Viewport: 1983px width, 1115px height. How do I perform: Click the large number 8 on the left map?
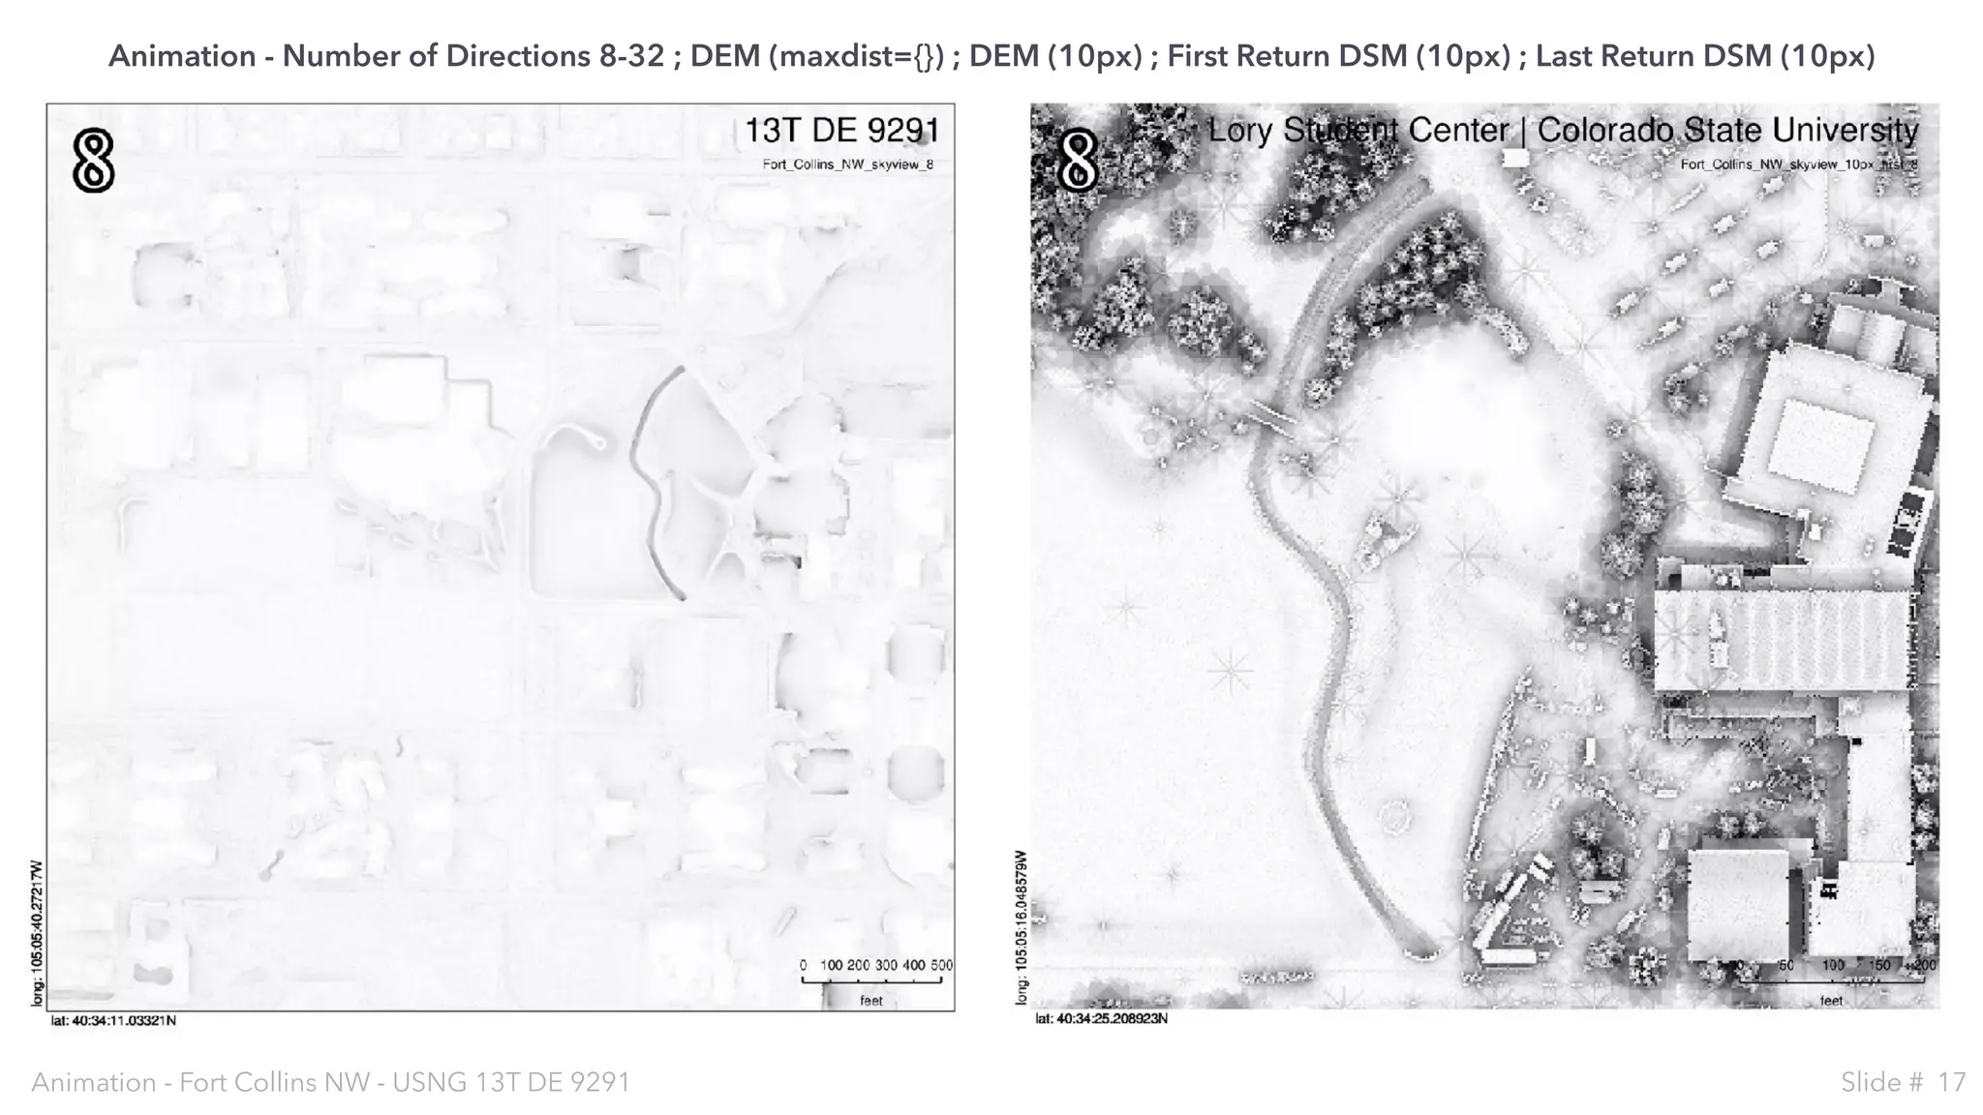click(x=94, y=161)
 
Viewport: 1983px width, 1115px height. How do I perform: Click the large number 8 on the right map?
click(x=1078, y=161)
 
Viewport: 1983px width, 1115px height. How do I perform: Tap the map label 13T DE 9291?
click(x=841, y=131)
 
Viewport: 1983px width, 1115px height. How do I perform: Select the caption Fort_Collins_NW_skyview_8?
click(x=847, y=165)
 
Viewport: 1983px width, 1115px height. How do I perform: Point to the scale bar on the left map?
click(x=871, y=981)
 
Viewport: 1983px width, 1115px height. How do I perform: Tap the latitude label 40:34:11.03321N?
click(x=113, y=1020)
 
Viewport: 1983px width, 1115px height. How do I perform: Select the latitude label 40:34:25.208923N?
click(x=1102, y=1019)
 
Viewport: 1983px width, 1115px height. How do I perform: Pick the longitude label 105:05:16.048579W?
click(x=1021, y=926)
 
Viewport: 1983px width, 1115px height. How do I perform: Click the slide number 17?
click(x=1951, y=1082)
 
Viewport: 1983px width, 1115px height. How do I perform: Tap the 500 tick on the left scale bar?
click(x=941, y=965)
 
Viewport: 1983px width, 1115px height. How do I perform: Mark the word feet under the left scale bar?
click(x=871, y=1001)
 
